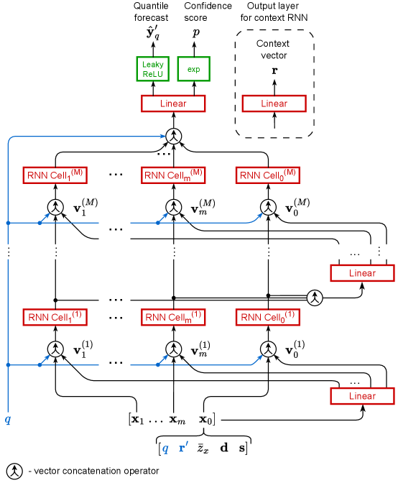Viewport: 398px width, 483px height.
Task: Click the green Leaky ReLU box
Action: pyautogui.click(x=152, y=69)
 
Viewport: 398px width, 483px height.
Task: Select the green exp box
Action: pyautogui.click(x=193, y=69)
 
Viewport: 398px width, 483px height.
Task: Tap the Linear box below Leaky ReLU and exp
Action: pyautogui.click(x=172, y=103)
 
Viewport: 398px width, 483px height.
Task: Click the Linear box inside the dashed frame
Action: pyautogui.click(x=274, y=103)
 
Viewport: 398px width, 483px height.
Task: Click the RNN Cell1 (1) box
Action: pyautogui.click(x=55, y=316)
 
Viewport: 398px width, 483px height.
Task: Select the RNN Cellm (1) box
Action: pyautogui.click(x=172, y=316)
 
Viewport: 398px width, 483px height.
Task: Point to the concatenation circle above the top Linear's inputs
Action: pyautogui.click(x=172, y=134)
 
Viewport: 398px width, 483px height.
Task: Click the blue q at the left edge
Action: pyautogui.click(x=8, y=418)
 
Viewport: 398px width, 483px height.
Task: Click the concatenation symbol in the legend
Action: pyautogui.click(x=12, y=470)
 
